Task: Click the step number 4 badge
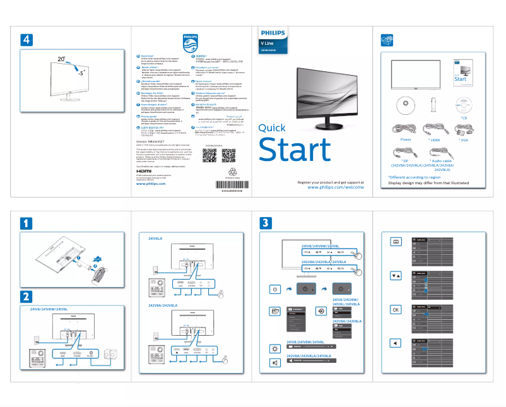coord(26,39)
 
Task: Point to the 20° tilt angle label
coord(61,59)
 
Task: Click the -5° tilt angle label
coord(79,73)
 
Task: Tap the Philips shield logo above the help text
coord(190,45)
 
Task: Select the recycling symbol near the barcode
coord(228,172)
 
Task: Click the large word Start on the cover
coord(295,150)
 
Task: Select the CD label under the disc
coord(463,118)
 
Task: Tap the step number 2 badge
coord(26,295)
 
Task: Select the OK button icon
coord(396,310)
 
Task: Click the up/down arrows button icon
coord(396,276)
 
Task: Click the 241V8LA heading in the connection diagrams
coord(155,239)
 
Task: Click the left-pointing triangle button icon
coord(396,343)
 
